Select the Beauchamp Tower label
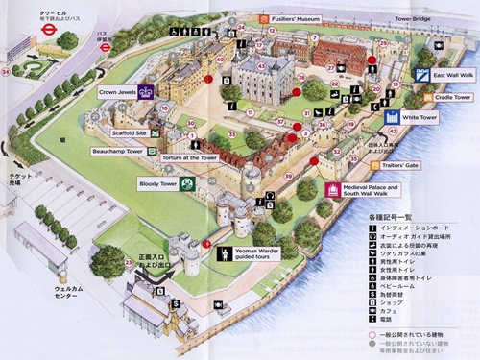[x=117, y=152]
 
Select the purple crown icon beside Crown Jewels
[x=146, y=93]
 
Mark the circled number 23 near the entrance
[x=129, y=262]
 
